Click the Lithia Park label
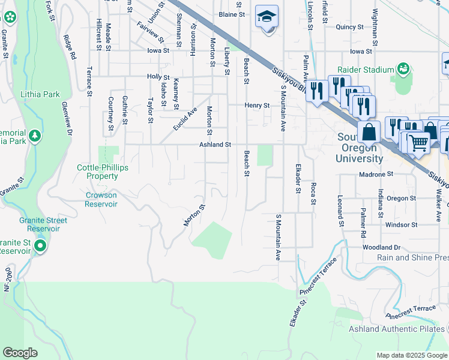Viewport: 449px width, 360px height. [x=40, y=94]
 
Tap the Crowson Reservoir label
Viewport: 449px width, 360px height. [x=101, y=199]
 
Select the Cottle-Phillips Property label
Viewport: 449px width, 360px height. [x=102, y=172]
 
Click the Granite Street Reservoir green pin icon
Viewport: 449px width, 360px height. [x=40, y=246]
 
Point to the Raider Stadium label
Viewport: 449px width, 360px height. [x=366, y=70]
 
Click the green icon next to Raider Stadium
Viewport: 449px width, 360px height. [x=403, y=70]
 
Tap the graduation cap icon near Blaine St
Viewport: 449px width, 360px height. [x=267, y=16]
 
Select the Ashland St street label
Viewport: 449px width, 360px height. [x=215, y=145]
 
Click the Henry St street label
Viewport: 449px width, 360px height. [x=257, y=105]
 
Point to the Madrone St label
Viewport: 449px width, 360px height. [x=375, y=174]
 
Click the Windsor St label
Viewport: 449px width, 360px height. [x=400, y=225]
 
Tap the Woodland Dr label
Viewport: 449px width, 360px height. [x=381, y=247]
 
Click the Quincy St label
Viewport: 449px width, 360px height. [x=350, y=26]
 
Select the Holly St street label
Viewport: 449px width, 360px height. [x=159, y=77]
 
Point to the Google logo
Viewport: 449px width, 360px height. [x=20, y=353]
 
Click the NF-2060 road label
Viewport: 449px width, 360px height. [x=8, y=279]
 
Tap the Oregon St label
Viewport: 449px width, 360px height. [x=401, y=198]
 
